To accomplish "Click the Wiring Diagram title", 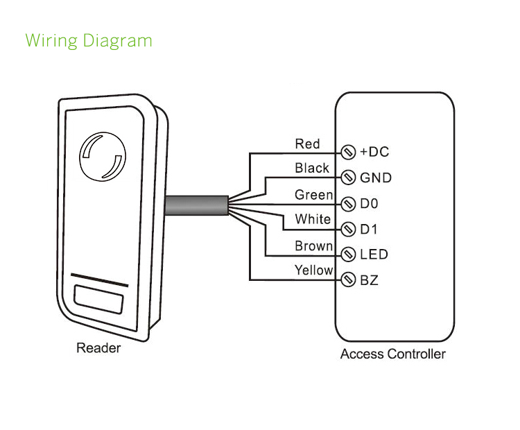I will tap(89, 40).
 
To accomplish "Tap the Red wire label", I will tap(307, 144).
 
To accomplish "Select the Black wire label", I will tap(312, 168).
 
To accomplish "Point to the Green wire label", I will tap(313, 195).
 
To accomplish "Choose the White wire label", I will tap(313, 219).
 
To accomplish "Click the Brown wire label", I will tap(313, 246).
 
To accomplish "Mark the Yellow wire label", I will tap(313, 270).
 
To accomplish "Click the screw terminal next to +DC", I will tap(349, 152).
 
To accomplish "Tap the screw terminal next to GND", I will tap(349, 178).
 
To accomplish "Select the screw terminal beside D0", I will tap(349, 204).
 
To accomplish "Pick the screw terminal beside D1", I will tap(349, 229).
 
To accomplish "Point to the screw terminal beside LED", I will tap(349, 255).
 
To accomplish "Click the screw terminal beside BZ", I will tap(349, 281).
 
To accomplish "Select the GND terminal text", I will tap(376, 178).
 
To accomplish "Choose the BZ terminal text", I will tap(369, 281).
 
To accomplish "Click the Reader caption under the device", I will tap(98, 348).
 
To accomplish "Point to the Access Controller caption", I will tap(392, 354).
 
